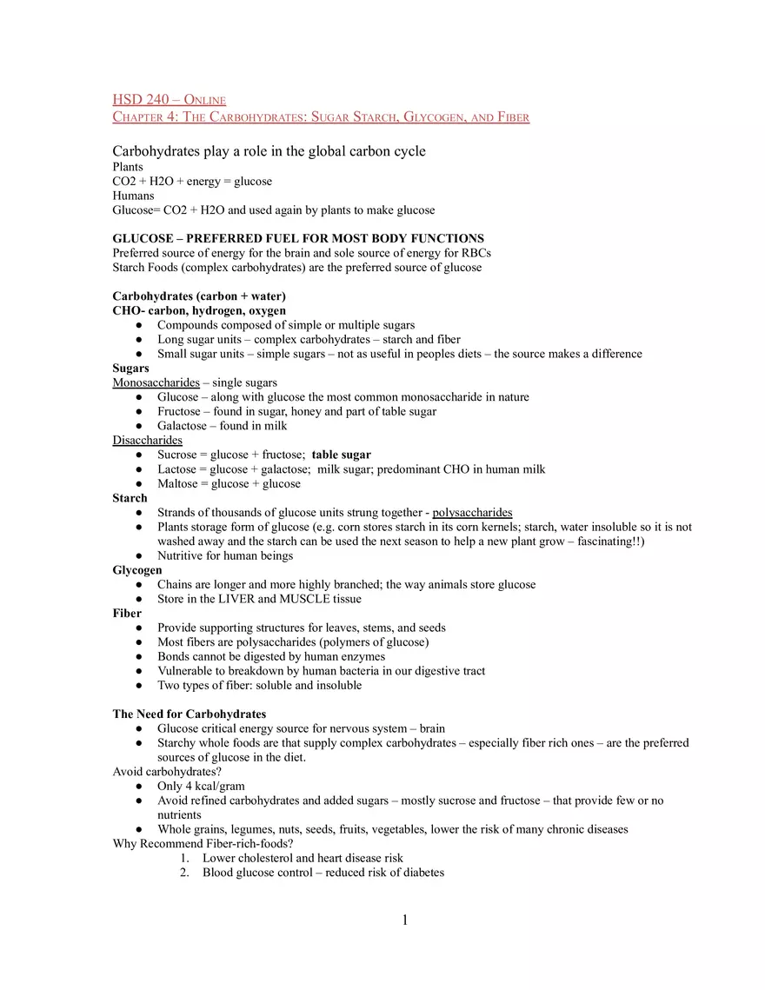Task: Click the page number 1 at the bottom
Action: (x=404, y=920)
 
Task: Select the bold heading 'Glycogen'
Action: (x=137, y=570)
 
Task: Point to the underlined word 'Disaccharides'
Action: (x=148, y=441)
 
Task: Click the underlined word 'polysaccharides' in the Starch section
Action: (x=472, y=513)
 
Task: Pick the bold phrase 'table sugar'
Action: (x=341, y=455)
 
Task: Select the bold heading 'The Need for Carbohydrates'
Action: (x=190, y=714)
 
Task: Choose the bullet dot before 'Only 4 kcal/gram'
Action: (x=139, y=787)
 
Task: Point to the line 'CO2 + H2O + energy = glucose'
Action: (x=192, y=182)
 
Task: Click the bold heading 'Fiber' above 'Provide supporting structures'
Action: (x=127, y=614)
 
